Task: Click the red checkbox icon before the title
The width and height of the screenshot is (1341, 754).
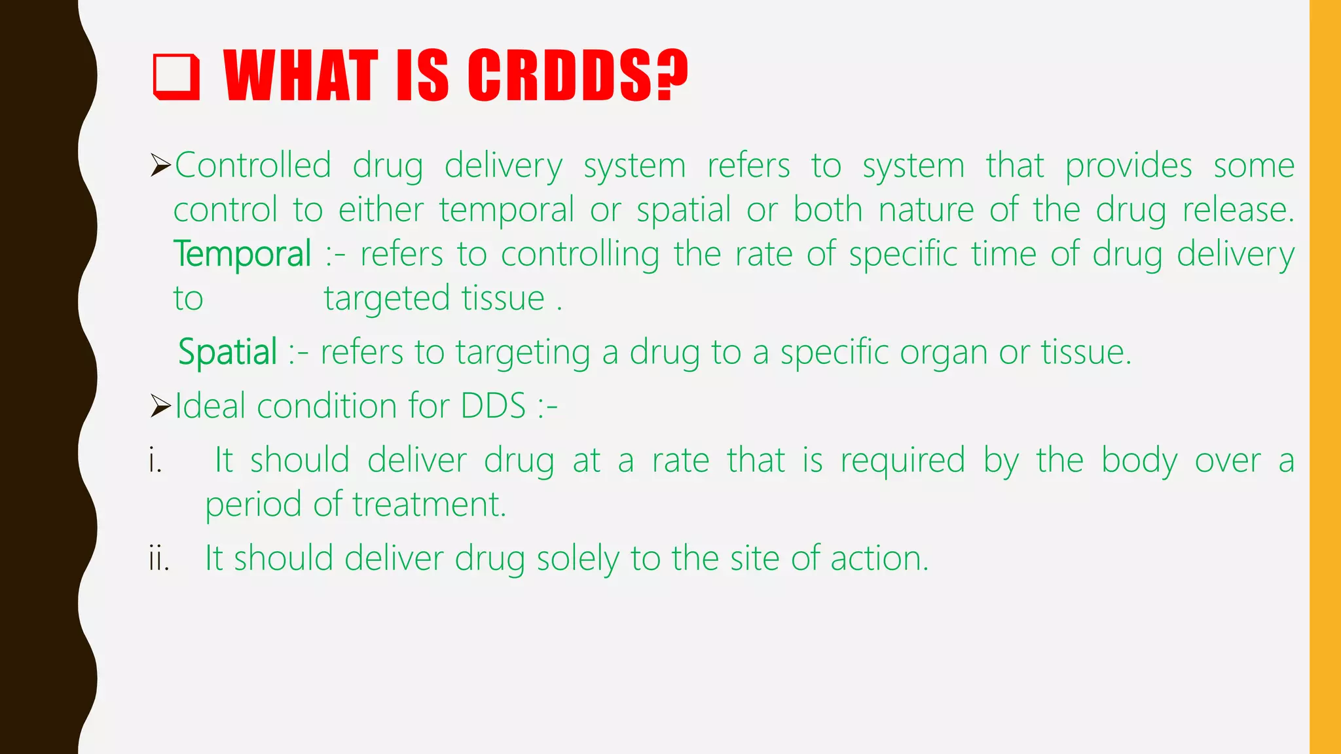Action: [x=176, y=77]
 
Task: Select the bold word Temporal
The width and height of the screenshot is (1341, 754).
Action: [x=242, y=254]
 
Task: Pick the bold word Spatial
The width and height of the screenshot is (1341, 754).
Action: [x=228, y=352]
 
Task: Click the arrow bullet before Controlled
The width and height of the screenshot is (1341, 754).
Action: [x=160, y=165]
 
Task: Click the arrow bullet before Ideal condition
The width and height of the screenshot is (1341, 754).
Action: [x=160, y=406]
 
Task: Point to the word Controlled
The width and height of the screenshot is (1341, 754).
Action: [x=253, y=165]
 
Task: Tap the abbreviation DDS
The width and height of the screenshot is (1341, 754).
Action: [x=493, y=406]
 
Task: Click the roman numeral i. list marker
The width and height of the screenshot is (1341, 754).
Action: [x=155, y=461]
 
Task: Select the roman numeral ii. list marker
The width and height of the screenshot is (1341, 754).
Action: [x=159, y=559]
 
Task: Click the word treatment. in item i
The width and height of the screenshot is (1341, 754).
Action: [x=430, y=505]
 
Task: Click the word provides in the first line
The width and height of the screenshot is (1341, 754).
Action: [x=1128, y=165]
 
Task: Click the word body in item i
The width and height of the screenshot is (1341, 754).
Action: [x=1139, y=461]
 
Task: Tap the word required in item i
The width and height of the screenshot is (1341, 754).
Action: [x=902, y=461]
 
